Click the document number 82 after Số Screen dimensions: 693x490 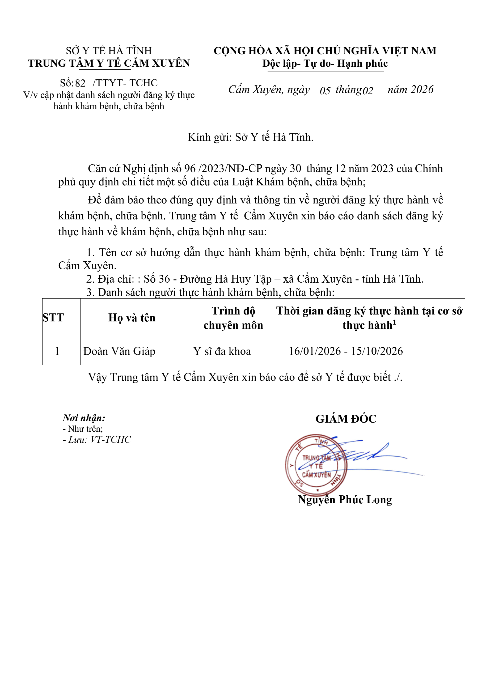tap(80, 83)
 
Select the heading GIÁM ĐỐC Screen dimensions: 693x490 tap(346, 419)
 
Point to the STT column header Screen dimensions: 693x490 tap(53, 318)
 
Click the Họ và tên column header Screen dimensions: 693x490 tap(132, 318)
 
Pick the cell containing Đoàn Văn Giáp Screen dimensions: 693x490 tap(119, 351)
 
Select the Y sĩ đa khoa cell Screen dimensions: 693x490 tap(222, 351)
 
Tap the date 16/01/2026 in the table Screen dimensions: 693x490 tap(315, 351)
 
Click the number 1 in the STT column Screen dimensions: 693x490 tap(57, 351)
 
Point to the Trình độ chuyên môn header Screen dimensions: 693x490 tap(233, 318)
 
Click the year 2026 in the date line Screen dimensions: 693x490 tap(422, 90)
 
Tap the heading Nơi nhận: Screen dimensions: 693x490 tap(84, 418)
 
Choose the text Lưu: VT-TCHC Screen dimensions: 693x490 tap(99, 440)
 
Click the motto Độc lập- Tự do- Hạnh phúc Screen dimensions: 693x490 tap(325, 64)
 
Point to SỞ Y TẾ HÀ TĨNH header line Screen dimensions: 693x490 tap(109, 51)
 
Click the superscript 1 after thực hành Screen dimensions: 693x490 tap(394, 322)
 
